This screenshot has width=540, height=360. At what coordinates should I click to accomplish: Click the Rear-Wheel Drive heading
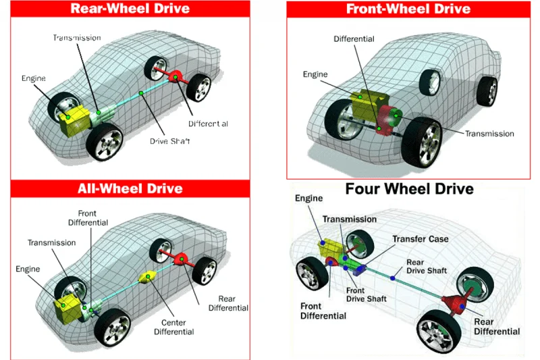tap(130, 9)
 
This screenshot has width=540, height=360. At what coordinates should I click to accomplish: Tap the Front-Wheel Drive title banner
tap(408, 9)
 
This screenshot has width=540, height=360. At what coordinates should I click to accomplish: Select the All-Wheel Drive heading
tap(130, 188)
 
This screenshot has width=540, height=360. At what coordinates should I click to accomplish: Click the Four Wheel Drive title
tap(409, 188)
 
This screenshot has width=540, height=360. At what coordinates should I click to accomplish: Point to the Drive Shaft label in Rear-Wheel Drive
tap(170, 141)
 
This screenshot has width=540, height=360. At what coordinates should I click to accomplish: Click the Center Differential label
tap(173, 326)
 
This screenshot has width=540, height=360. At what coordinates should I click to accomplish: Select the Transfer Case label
tap(420, 239)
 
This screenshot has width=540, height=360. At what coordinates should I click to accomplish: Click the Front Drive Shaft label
tap(366, 294)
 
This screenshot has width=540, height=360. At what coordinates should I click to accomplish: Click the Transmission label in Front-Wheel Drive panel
tap(489, 134)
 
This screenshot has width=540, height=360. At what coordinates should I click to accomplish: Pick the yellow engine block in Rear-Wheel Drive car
tap(72, 120)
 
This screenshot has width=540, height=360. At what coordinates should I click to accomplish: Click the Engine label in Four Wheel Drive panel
tap(309, 199)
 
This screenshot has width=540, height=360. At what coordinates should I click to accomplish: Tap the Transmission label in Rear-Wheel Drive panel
tap(76, 38)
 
